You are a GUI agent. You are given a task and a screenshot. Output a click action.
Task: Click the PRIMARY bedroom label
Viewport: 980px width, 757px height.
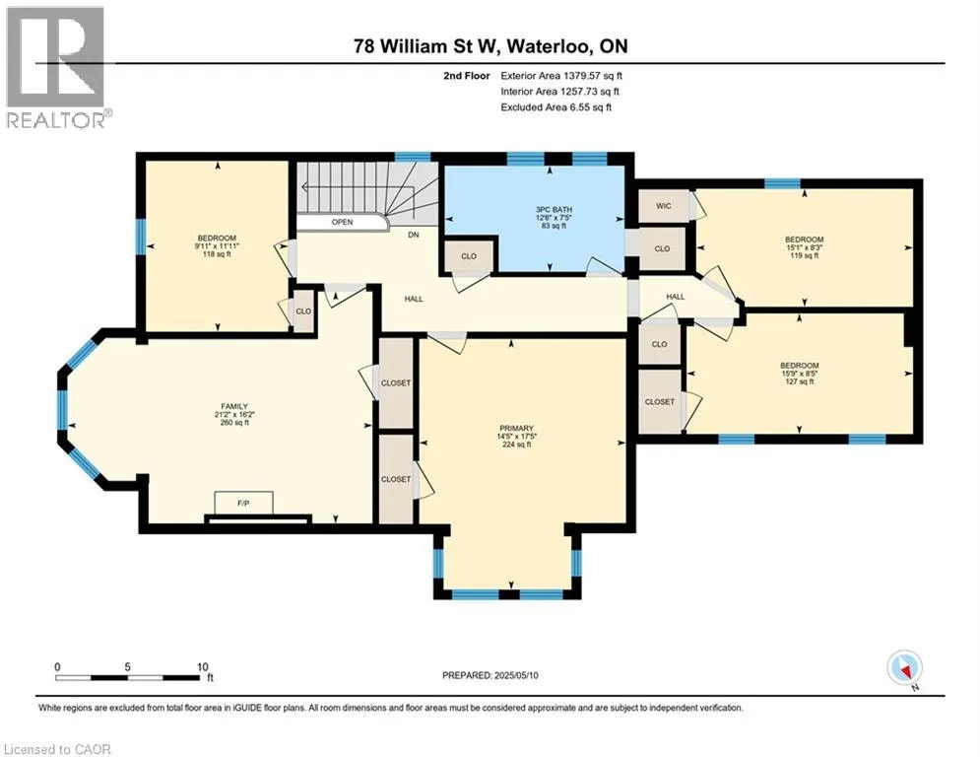tap(516, 429)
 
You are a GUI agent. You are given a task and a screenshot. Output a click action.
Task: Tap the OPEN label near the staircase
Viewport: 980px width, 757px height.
tap(342, 222)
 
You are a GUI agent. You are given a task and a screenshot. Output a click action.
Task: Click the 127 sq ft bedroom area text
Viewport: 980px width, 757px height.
tap(798, 381)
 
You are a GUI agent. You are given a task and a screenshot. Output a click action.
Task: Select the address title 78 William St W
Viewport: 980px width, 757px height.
tap(490, 46)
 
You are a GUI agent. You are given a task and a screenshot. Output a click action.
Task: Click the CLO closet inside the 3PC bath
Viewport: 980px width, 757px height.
tap(468, 256)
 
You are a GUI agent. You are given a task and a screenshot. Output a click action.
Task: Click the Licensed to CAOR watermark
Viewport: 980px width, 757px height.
tap(57, 749)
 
